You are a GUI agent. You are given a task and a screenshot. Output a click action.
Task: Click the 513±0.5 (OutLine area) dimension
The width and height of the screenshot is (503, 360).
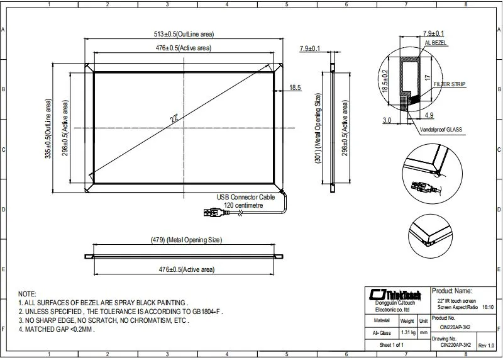(184, 33)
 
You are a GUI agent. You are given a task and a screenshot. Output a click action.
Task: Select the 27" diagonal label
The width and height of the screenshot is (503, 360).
(174, 118)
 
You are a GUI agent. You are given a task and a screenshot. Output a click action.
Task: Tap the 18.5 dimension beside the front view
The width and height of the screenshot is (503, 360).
(296, 87)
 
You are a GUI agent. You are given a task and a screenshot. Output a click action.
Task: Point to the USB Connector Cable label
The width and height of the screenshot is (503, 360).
(246, 197)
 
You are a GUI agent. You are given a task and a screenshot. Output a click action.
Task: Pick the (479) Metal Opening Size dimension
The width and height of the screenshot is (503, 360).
(185, 240)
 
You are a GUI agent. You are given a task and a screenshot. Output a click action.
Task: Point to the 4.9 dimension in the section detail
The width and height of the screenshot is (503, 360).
(429, 115)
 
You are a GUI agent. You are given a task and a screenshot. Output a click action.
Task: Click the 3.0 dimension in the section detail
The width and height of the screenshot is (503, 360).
(387, 119)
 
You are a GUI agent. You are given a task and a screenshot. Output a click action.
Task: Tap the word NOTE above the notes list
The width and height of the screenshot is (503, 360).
(27, 294)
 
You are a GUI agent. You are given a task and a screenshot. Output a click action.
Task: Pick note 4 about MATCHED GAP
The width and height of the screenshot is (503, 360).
(57, 329)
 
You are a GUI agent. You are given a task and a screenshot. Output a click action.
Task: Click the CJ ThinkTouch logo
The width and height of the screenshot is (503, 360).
(397, 295)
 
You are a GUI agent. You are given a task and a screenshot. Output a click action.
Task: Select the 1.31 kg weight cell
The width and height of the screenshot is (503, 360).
(407, 331)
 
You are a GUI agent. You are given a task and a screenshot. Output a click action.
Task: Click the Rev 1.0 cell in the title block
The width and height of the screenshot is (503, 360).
(486, 346)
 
